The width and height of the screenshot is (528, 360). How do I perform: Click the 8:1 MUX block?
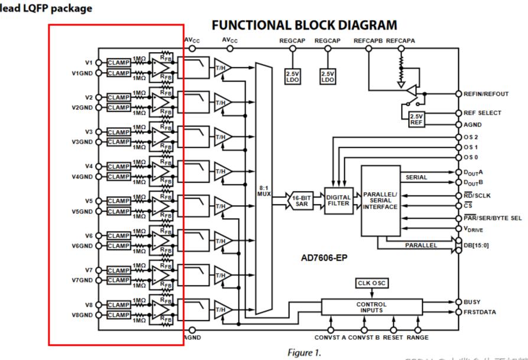pos(263,189)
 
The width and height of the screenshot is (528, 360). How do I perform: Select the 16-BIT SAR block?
pos(301,200)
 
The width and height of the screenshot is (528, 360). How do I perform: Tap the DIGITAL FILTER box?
pos(338,200)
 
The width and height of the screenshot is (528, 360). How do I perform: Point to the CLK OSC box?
pos(371,283)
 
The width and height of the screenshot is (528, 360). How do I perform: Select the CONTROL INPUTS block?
pos(371,307)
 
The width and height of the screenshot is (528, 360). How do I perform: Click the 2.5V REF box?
pos(416,119)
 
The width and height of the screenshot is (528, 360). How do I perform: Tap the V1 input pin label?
pos(89,62)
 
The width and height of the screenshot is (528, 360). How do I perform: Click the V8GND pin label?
pos(82,315)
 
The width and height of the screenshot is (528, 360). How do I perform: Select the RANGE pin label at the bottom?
pos(418,338)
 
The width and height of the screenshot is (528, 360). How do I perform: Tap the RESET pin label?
pos(393,338)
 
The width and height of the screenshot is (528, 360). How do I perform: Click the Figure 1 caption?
pos(304,352)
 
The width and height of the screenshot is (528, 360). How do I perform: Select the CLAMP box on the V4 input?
pos(119,167)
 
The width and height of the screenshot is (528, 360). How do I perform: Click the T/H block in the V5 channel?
pos(221,206)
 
